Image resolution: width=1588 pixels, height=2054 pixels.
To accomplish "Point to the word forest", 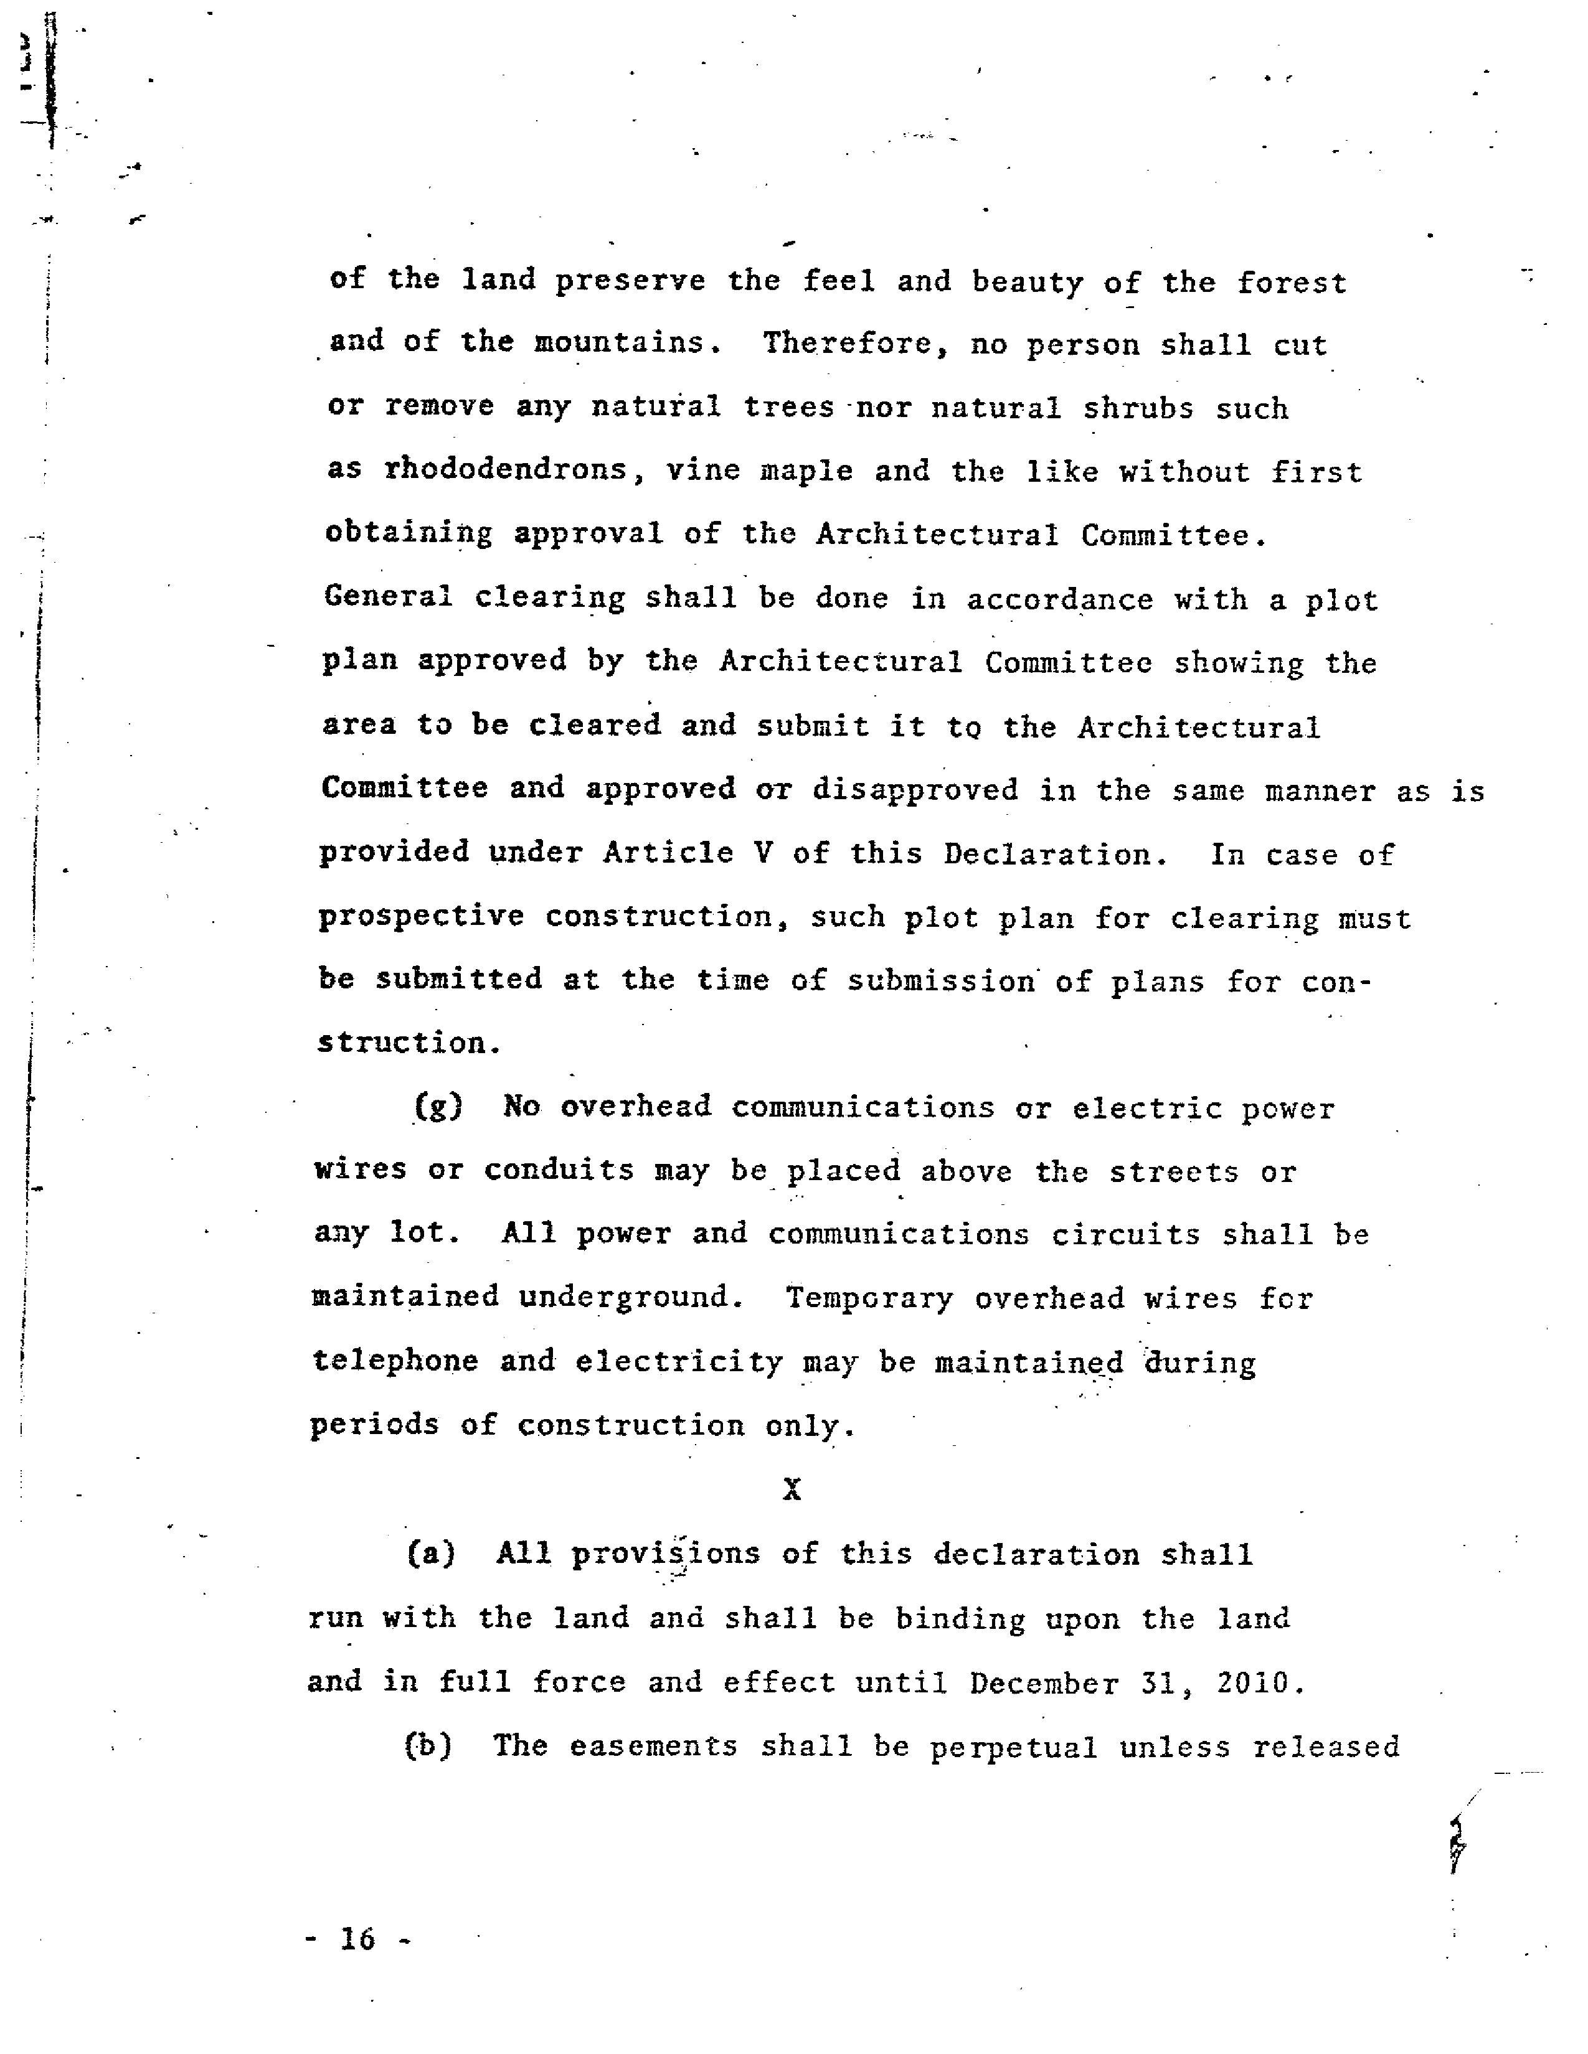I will [1292, 282].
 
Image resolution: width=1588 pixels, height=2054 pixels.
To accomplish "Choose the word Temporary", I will [869, 1298].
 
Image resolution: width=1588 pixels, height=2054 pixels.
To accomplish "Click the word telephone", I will [395, 1361].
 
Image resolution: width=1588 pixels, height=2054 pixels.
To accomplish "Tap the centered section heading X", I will [792, 1489].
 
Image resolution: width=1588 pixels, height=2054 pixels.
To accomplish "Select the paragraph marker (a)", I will [431, 1553].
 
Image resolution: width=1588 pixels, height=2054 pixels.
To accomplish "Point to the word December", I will [1044, 1682].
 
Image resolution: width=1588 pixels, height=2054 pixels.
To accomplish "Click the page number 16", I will [357, 1938].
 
